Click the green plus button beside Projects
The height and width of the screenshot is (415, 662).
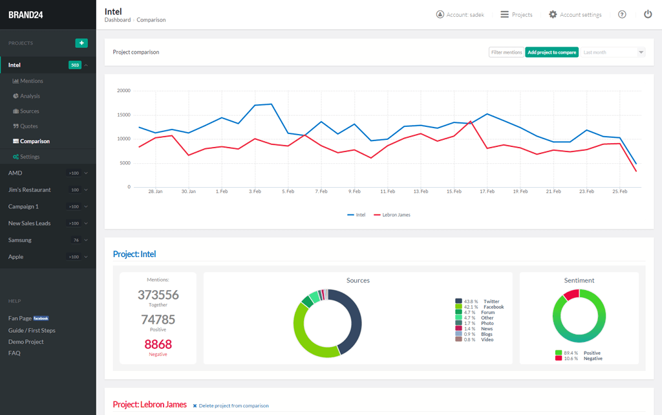[x=81, y=43]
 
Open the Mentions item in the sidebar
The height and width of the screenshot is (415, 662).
[x=31, y=81]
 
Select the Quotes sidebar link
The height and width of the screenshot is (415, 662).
[x=29, y=126]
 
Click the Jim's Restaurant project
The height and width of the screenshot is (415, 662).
[x=30, y=190]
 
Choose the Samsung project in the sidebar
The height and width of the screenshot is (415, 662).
[x=20, y=240]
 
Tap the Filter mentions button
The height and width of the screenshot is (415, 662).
[x=506, y=52]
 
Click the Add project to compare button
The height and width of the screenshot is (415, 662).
[x=551, y=52]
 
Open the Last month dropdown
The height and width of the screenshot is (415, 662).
[x=612, y=52]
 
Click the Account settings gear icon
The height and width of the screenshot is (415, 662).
[x=553, y=14]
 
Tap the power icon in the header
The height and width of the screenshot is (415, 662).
[x=648, y=14]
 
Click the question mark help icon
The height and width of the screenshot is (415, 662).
[x=622, y=14]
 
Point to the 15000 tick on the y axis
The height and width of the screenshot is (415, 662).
[x=123, y=115]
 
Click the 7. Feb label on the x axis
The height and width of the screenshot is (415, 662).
[x=321, y=192]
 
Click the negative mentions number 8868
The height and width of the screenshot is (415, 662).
[x=158, y=344]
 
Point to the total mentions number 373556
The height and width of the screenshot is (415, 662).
[x=158, y=295]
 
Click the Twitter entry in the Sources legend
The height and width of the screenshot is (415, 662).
[x=491, y=302]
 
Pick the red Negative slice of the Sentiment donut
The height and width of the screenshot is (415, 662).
[x=571, y=295]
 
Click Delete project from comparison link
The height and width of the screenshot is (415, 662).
[x=233, y=406]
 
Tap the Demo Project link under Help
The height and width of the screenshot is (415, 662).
[x=26, y=342]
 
